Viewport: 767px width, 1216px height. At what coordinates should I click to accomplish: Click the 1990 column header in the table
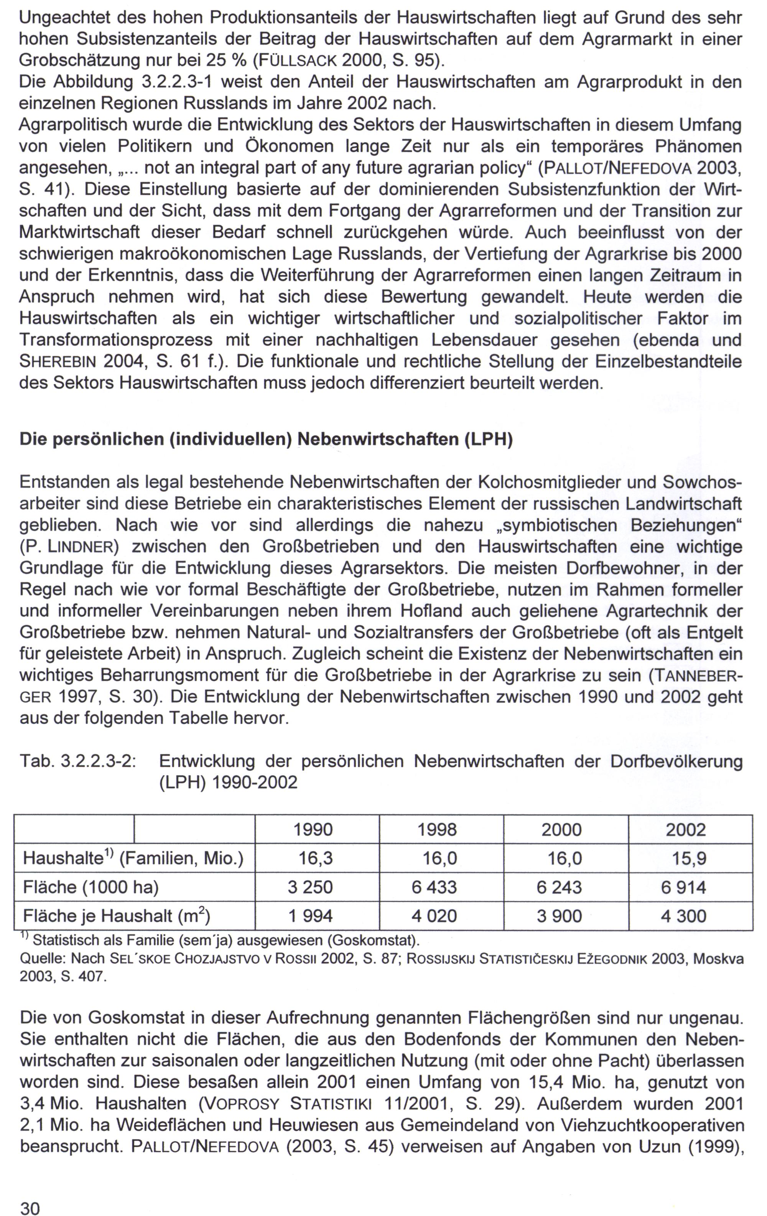313,830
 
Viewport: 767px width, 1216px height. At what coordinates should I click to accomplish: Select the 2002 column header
685,830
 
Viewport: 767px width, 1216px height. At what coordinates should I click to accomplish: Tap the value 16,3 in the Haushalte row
316,858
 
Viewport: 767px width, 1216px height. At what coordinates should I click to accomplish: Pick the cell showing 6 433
434,887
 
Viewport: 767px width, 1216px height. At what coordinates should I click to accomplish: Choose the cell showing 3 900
559,916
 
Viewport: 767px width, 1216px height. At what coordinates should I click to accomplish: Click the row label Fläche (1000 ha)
91,887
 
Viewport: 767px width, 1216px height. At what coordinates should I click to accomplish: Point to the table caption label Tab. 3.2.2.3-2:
78,761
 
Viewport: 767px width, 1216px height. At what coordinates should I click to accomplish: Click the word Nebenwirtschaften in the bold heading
378,439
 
